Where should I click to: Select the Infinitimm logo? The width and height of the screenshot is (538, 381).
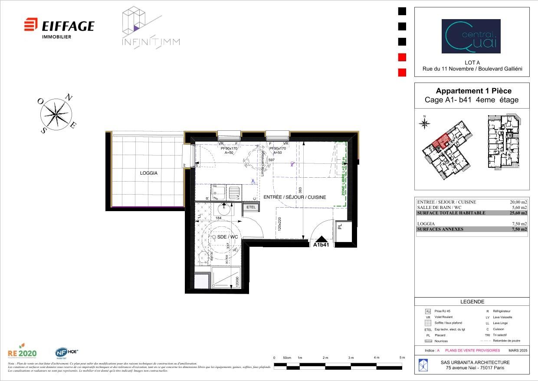150,27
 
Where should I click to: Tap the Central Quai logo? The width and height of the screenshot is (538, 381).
471,36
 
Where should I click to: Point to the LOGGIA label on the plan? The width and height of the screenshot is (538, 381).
149,173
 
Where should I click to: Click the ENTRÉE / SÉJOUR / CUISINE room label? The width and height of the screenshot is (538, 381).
295,197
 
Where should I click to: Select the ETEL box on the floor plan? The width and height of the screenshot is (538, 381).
251,208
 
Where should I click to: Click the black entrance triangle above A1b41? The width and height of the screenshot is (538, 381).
321,239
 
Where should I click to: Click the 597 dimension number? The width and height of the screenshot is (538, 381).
271,160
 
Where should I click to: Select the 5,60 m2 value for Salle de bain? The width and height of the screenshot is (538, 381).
519,208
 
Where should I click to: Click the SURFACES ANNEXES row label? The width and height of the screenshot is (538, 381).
440,229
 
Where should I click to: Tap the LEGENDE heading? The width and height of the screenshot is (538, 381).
472,301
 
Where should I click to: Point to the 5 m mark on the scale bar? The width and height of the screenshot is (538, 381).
402,358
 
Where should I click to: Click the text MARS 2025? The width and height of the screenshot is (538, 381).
518,350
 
